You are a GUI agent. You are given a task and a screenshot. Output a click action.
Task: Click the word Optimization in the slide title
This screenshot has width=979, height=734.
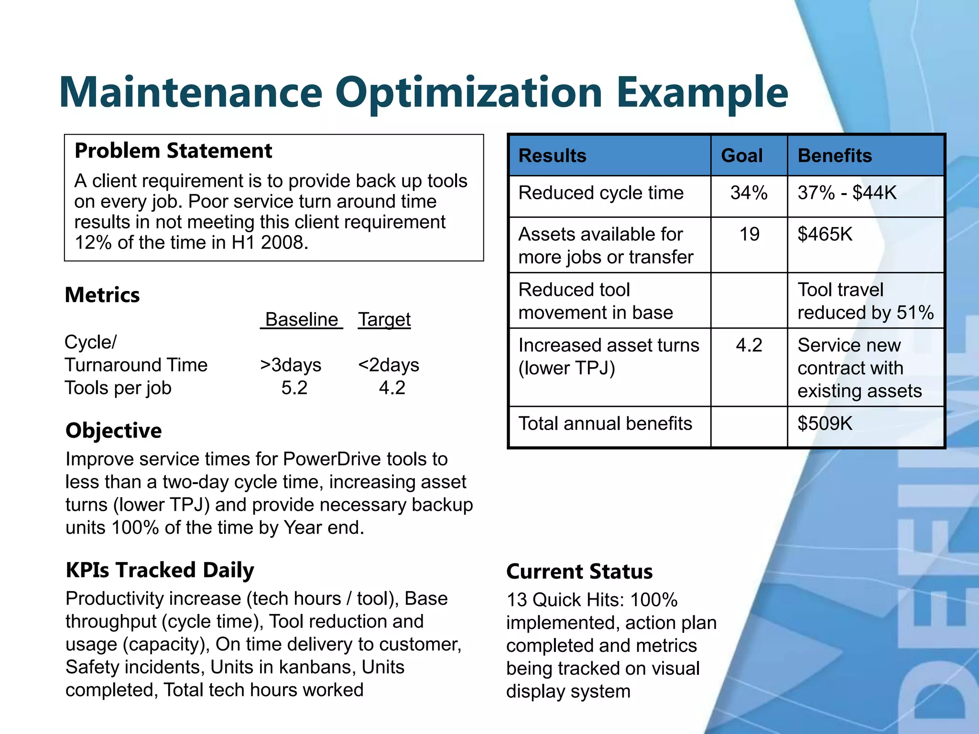tap(468, 93)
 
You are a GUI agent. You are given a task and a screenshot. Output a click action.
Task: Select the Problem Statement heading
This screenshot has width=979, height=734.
tap(173, 151)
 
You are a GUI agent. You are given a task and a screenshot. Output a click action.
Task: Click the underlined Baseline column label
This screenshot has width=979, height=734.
tap(302, 319)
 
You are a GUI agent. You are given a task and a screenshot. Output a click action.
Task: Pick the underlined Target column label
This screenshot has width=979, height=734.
tap(384, 319)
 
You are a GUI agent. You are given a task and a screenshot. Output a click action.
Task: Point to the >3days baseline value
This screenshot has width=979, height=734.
tap(291, 365)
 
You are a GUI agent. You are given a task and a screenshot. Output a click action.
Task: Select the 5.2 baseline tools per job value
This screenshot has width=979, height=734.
tap(294, 388)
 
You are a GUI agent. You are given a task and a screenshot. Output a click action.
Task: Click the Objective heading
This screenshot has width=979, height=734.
tap(114, 431)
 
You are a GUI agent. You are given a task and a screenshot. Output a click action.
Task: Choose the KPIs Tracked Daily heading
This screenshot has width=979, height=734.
tap(160, 570)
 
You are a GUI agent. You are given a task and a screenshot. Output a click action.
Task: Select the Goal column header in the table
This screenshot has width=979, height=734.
tap(741, 156)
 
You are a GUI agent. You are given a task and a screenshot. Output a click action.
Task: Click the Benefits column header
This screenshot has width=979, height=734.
tap(835, 156)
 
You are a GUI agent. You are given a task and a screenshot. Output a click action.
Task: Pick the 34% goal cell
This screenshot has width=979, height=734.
tap(749, 193)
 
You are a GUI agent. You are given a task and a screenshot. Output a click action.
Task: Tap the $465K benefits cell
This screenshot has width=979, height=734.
tap(825, 234)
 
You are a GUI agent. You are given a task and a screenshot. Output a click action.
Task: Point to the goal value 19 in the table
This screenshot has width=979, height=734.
tap(749, 234)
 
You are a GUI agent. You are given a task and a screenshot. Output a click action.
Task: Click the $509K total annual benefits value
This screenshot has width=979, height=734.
tap(825, 423)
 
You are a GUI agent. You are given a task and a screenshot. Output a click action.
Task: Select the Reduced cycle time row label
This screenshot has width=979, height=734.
tap(601, 193)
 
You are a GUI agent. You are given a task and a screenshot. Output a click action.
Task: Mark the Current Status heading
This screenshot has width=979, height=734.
tap(579, 572)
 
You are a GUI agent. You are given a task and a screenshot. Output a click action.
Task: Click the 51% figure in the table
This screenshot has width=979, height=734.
tap(915, 313)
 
